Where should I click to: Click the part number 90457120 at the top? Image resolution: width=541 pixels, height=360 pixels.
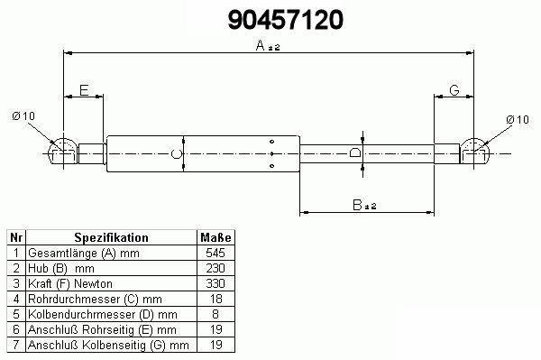285,20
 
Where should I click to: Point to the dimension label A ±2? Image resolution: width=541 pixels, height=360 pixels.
268,45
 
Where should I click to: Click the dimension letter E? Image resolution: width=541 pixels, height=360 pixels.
84,90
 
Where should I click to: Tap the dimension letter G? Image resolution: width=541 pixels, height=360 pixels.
454,90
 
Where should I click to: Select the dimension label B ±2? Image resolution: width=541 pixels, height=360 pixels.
364,205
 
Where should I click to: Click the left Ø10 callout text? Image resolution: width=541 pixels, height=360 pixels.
23,116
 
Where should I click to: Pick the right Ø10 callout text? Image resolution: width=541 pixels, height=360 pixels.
518,120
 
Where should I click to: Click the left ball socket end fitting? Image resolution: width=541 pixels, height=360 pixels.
63,152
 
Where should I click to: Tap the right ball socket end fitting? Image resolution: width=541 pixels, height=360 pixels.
475,152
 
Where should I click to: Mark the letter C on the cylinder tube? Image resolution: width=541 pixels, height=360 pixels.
177,154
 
